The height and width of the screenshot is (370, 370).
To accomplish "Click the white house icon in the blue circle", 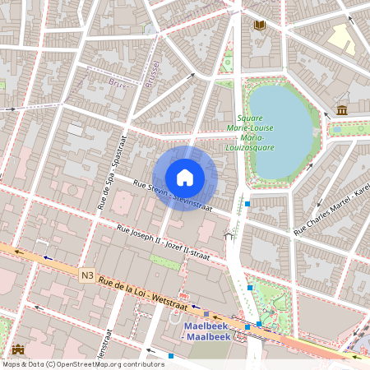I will pyautogui.click(x=185, y=178).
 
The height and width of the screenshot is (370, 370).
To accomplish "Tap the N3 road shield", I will pyautogui.click(x=87, y=275).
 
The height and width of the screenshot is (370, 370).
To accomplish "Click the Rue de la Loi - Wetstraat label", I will pyautogui.click(x=140, y=291).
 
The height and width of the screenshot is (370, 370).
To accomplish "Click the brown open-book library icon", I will pyautogui.click(x=260, y=26).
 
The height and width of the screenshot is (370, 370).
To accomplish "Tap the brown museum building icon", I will pyautogui.click(x=342, y=110).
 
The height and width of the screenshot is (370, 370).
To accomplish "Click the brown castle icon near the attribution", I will pyautogui.click(x=19, y=350).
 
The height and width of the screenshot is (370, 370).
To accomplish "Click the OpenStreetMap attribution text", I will pyautogui.click(x=82, y=363).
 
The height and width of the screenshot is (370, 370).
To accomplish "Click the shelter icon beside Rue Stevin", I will pyautogui.click(x=229, y=237).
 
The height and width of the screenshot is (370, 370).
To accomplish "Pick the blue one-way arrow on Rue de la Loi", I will pyautogui.click(x=47, y=257).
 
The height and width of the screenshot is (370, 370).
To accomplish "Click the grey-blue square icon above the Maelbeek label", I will pyautogui.click(x=206, y=313).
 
